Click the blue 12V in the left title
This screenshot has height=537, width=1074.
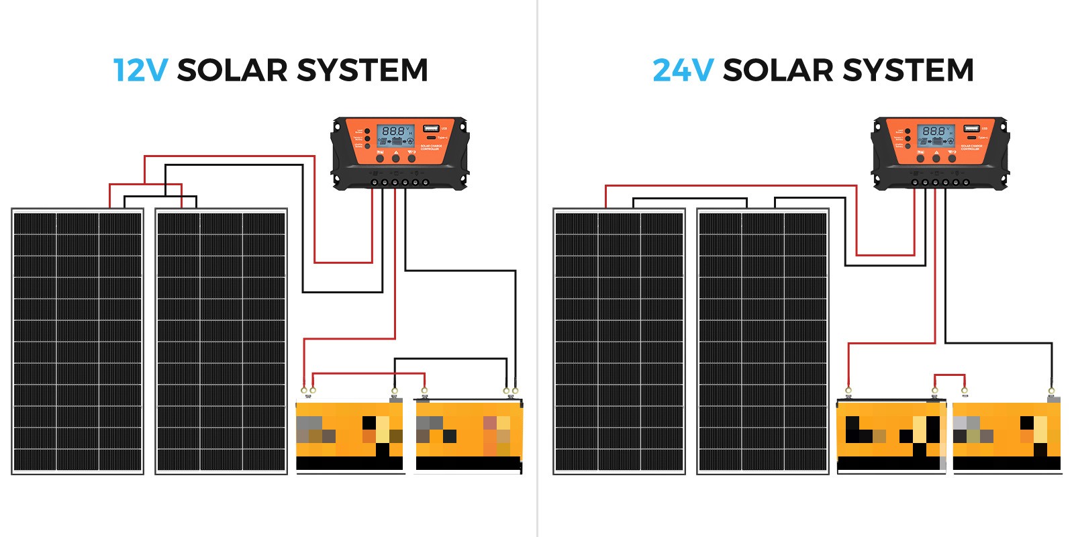point(140,70)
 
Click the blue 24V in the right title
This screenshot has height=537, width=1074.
point(683,70)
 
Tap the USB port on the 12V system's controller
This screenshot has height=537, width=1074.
point(430,128)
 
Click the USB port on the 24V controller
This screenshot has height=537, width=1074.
point(971,128)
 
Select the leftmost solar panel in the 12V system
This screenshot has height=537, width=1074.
point(78,342)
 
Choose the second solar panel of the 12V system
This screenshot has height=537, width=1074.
point(222,342)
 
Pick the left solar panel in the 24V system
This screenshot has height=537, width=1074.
point(619,342)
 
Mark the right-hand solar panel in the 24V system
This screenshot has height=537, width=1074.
point(763,342)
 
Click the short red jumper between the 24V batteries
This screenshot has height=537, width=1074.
point(950,375)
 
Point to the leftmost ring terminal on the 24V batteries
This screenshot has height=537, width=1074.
point(848,390)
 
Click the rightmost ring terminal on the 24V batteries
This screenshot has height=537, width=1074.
point(1051,390)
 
